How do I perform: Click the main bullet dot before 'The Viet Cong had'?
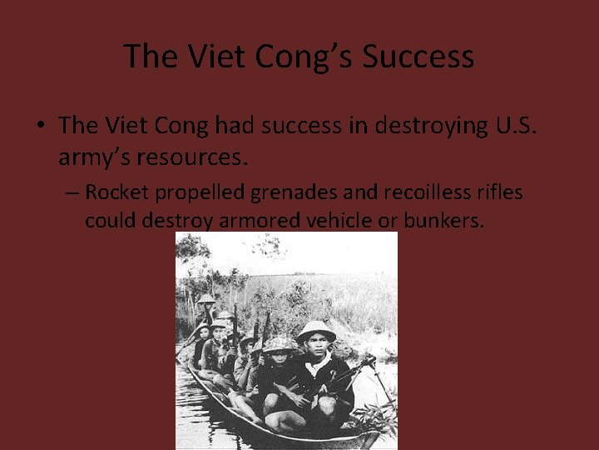pyautogui.click(x=40, y=127)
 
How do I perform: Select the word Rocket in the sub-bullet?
pyautogui.click(x=116, y=192)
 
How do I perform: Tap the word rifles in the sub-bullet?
pyautogui.click(x=501, y=192)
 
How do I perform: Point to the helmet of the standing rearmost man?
pyautogui.click(x=205, y=298)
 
